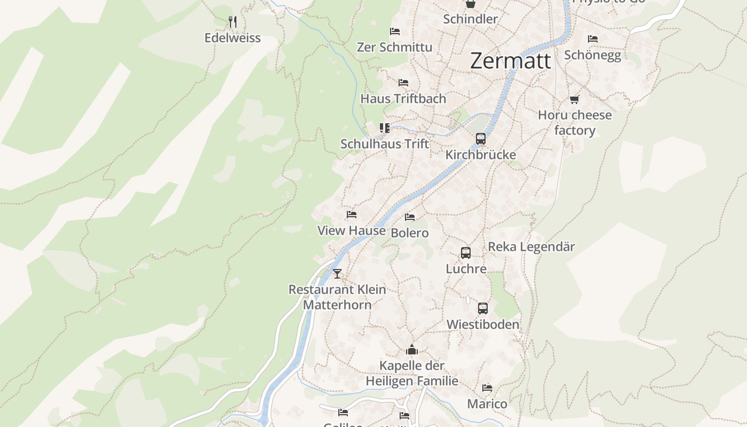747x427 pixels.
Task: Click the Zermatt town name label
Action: coord(510,61)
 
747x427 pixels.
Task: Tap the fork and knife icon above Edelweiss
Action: coord(232,22)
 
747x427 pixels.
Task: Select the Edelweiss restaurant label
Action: coord(233,38)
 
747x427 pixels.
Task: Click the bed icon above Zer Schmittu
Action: coord(395,31)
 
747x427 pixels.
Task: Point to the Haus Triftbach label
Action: coord(403,99)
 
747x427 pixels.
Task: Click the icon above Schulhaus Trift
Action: coord(385,128)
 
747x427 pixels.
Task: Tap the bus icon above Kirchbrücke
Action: coord(481,139)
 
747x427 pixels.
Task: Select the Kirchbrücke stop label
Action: coord(481,155)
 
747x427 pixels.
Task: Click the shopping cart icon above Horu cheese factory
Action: coord(575,99)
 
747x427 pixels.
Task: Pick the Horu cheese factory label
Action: coord(575,123)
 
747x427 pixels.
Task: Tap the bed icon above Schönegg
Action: coord(592,39)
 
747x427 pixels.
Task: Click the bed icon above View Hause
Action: coord(351,215)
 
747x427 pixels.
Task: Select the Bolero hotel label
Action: coord(410,233)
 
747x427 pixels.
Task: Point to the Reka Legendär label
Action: coord(531,247)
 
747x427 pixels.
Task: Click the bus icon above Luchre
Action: coord(466,253)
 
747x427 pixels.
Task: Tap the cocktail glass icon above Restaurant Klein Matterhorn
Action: coord(337,274)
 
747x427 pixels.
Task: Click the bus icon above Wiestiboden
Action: coord(483,309)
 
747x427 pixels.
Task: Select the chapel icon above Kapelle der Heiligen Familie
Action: coord(412,350)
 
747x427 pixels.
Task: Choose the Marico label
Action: coord(487,404)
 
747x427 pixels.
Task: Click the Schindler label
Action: coord(470,19)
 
